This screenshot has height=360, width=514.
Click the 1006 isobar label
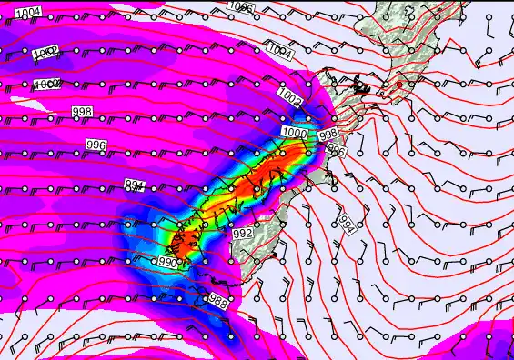point(241,7)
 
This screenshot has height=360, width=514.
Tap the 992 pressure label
point(242,234)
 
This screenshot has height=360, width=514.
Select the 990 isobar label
point(168,262)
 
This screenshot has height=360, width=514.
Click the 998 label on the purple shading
point(82,111)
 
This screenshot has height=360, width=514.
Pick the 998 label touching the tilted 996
point(329,135)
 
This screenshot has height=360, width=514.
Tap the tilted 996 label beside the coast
point(336,149)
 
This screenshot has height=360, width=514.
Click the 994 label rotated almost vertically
point(347,223)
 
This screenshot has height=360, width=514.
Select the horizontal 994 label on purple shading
point(134,185)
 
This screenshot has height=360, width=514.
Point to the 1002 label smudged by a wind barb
point(45,54)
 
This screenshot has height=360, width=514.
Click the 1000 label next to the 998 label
point(295,133)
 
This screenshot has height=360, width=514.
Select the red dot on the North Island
point(398,85)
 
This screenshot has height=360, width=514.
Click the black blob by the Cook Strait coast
point(362,88)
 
